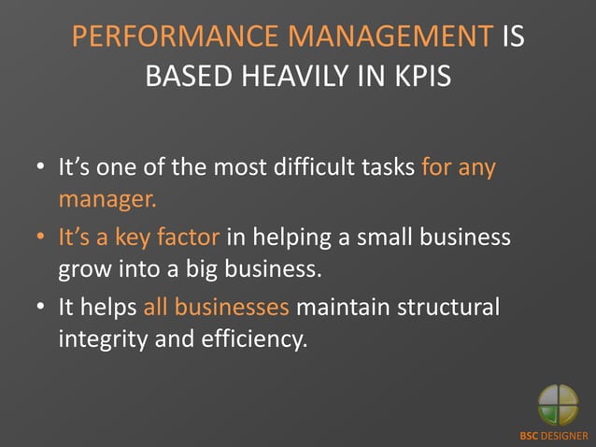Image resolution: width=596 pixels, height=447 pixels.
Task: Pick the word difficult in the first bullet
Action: click(x=319, y=170)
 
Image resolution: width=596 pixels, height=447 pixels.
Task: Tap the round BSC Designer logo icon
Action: click(x=558, y=405)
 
